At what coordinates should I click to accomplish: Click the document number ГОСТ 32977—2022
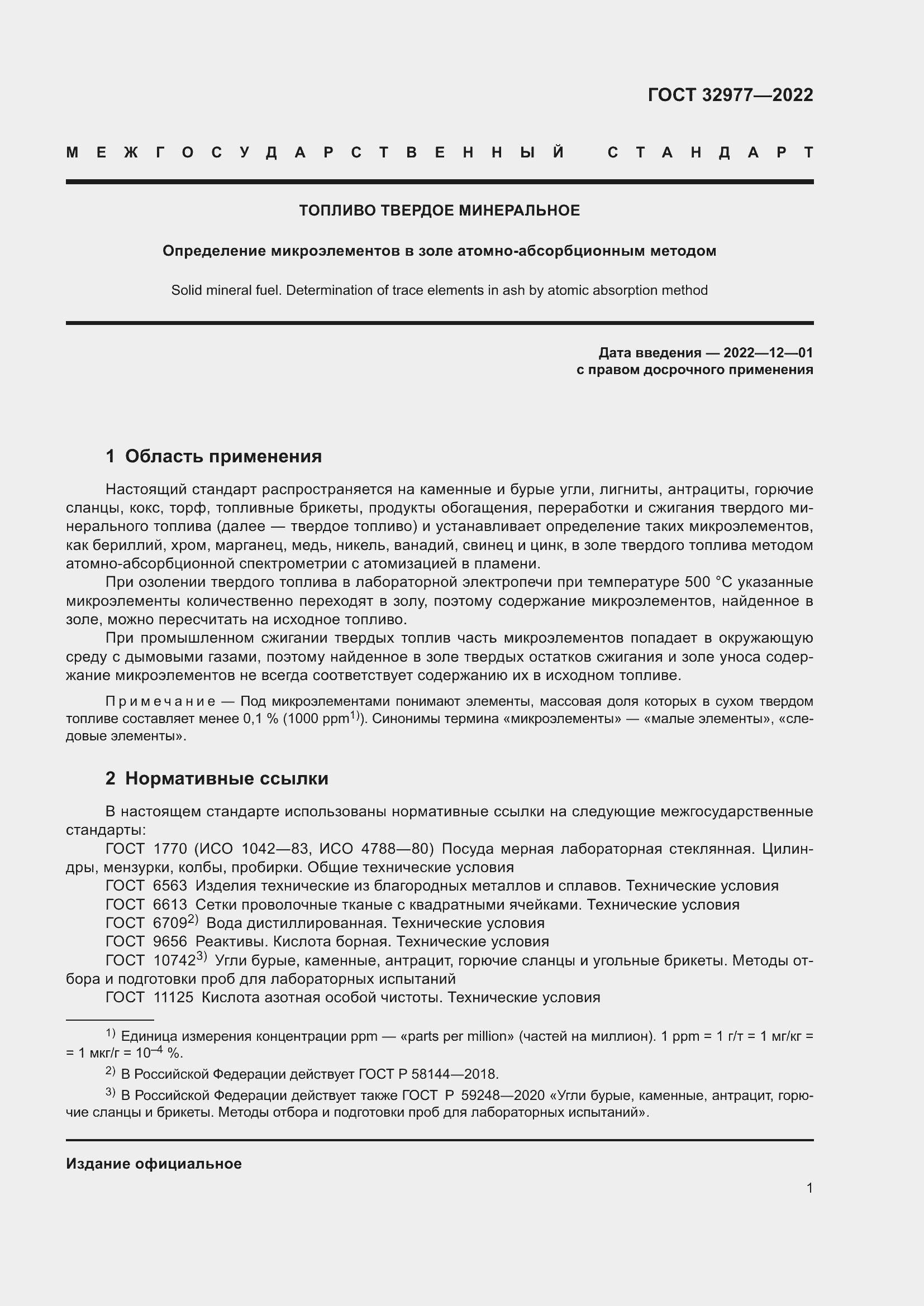(730, 94)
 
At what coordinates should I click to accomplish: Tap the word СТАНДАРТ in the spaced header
(710, 152)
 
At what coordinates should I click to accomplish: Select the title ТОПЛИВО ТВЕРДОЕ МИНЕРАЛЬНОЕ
(439, 211)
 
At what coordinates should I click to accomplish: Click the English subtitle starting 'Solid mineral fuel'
(439, 290)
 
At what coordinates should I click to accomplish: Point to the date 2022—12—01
(768, 353)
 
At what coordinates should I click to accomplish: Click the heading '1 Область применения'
(213, 456)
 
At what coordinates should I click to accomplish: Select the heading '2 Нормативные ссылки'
(217, 778)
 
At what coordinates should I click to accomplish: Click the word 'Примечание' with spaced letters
(160, 701)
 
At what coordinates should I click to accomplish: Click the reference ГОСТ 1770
(146, 849)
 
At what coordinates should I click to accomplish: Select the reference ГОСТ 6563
(146, 886)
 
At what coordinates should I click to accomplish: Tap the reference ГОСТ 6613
(146, 905)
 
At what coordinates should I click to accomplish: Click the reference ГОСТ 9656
(146, 941)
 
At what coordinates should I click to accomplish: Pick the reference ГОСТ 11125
(149, 997)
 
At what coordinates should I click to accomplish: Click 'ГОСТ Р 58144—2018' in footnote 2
(428, 1074)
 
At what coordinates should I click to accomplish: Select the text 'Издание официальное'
(154, 1164)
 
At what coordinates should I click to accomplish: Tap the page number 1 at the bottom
(809, 1188)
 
